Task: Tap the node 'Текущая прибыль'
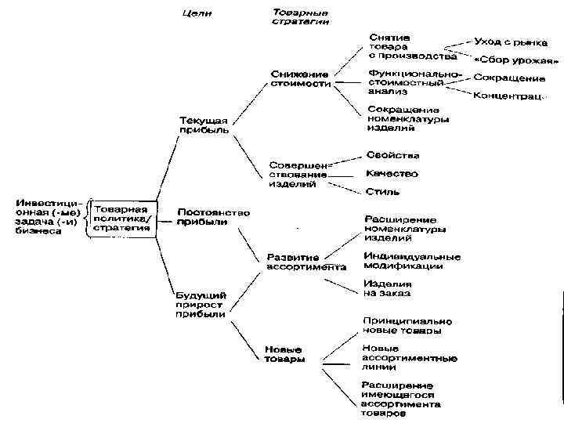[x=204, y=125]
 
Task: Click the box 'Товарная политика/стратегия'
[x=123, y=217]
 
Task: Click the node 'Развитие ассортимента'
[x=305, y=262]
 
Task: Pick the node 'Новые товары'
[x=284, y=354]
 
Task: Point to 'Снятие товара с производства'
[x=412, y=47]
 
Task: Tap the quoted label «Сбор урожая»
[x=516, y=61]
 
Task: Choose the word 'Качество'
[x=392, y=173]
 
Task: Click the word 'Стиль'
[x=381, y=191]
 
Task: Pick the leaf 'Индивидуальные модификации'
[x=411, y=261]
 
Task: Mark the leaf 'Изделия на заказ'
[x=386, y=288]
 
